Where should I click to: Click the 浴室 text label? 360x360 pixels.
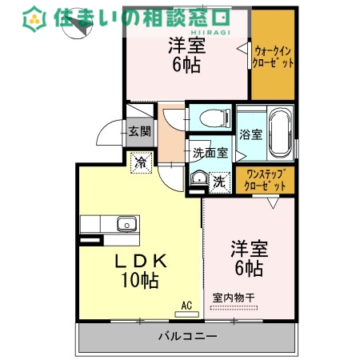click(250, 134)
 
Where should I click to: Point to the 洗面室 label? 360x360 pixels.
click(210, 152)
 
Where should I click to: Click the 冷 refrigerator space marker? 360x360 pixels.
click(141, 163)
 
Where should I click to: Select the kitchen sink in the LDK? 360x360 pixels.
click(126, 223)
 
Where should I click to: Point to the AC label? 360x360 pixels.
click(186, 305)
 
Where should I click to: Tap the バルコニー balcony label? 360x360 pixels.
click(186, 337)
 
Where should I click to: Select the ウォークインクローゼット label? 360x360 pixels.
click(274, 54)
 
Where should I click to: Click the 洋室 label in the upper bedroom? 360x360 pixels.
click(186, 46)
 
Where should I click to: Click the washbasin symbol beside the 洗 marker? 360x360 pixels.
click(198, 179)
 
